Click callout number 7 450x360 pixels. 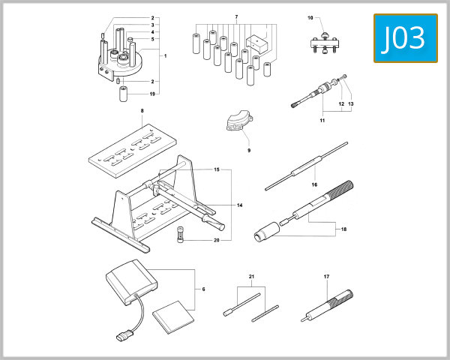[x=235, y=16]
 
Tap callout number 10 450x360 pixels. [x=310, y=16]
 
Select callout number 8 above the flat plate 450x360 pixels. [x=141, y=111]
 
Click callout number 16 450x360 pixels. [x=314, y=184]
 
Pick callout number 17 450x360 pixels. [x=326, y=277]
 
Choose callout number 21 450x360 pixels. [x=252, y=277]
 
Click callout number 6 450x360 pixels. [x=203, y=289]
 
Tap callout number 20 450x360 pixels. [x=216, y=240]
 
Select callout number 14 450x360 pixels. [x=240, y=205]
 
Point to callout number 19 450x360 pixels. [x=151, y=94]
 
